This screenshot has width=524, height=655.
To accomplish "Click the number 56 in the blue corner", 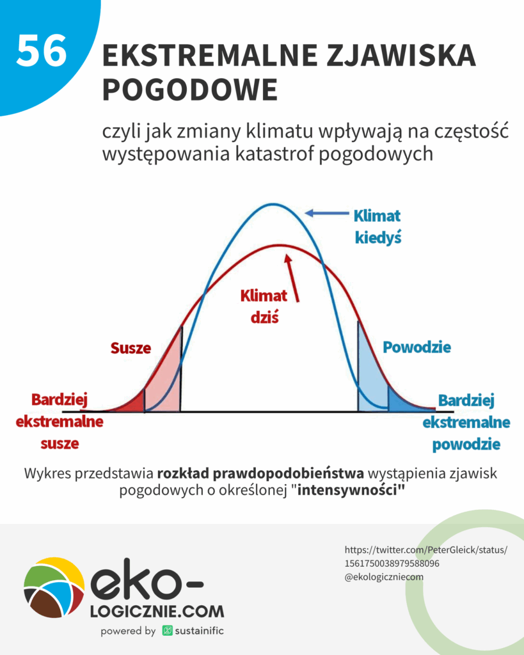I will [42, 51].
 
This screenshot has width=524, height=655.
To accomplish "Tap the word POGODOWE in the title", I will [190, 90].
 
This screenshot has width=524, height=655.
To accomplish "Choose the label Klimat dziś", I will [264, 306].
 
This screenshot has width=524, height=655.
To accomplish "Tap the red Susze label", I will [131, 348].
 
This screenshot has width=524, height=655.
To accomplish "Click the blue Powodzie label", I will [417, 347].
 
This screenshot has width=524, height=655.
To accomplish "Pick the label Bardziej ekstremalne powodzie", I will [466, 422].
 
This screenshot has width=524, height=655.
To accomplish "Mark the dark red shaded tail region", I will [136, 403].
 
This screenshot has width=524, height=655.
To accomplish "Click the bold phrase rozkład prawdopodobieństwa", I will [260, 474].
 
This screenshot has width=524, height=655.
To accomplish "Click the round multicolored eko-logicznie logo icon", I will [54, 587].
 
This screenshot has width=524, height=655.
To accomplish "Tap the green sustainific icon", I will [168, 631].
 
